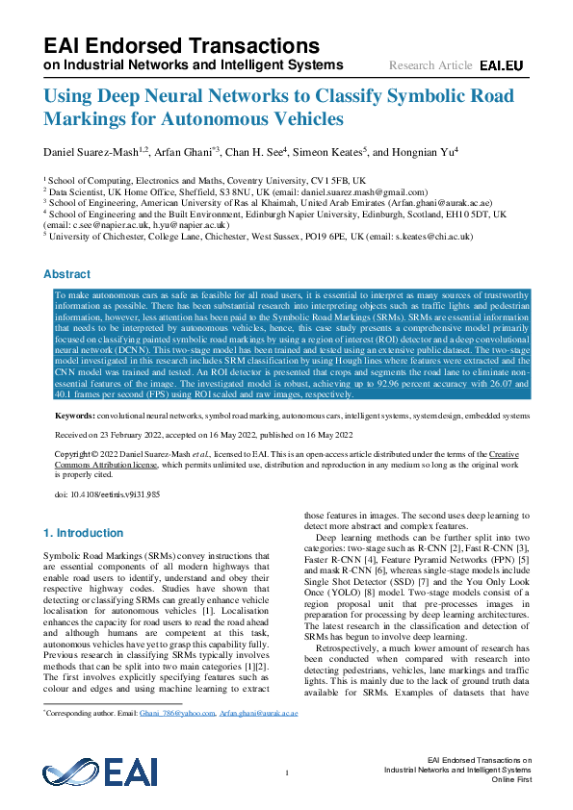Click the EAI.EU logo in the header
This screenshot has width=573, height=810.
tap(502, 65)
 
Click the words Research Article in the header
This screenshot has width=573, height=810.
tap(430, 65)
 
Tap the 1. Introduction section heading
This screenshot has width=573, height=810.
tap(85, 532)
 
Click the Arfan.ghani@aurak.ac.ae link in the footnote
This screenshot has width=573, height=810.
tap(259, 714)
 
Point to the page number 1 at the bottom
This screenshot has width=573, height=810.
tap(287, 772)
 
